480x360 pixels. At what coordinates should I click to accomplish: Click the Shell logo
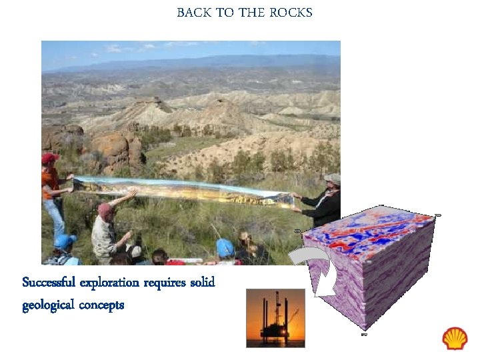click(x=455, y=339)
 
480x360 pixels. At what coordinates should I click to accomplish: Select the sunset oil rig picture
click(x=275, y=317)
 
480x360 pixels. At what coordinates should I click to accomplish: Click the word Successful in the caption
click(x=49, y=283)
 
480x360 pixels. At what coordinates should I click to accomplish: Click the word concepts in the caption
click(x=101, y=305)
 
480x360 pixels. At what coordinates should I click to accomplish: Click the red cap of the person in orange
click(x=49, y=158)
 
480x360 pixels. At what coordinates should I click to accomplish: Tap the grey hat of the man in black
click(x=332, y=179)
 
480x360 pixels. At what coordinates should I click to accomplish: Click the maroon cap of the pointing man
click(x=105, y=209)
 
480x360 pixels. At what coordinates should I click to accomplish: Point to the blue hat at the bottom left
click(x=64, y=241)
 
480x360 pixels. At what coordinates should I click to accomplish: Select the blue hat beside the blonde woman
click(x=225, y=247)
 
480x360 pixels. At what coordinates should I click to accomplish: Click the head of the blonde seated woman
click(x=245, y=239)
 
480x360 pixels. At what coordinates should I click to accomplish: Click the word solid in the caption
click(x=202, y=283)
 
